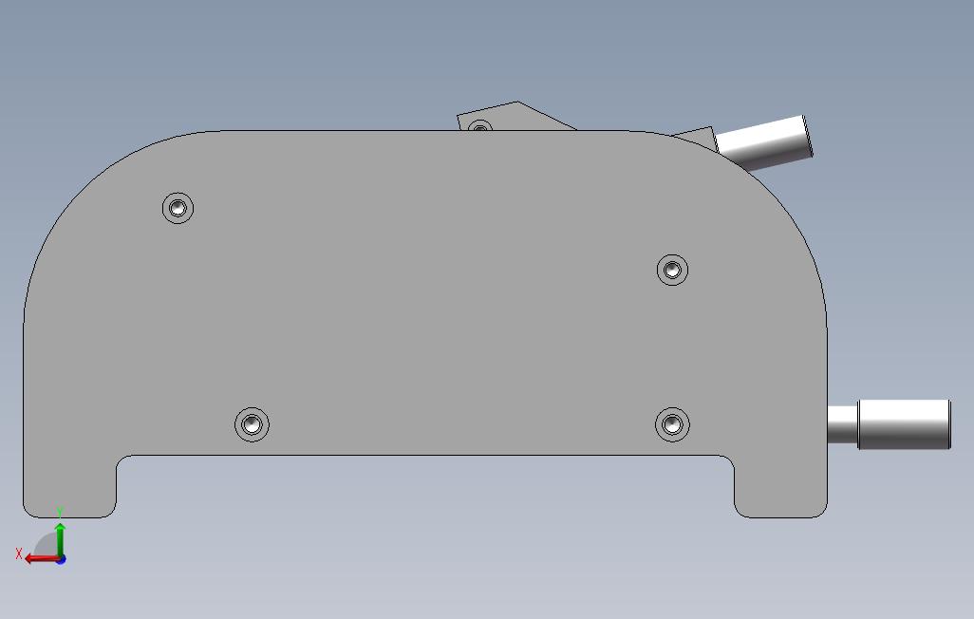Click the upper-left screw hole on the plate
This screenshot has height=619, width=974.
[178, 208]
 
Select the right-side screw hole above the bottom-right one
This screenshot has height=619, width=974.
[672, 270]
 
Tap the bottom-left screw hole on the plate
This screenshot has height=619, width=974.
[252, 425]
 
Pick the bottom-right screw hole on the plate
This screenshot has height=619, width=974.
[672, 425]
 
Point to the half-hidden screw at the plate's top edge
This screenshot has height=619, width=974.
[479, 126]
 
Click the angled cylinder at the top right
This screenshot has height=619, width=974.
[763, 143]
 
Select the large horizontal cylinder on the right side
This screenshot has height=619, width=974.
[904, 424]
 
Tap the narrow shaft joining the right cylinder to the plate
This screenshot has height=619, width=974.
[842, 424]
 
